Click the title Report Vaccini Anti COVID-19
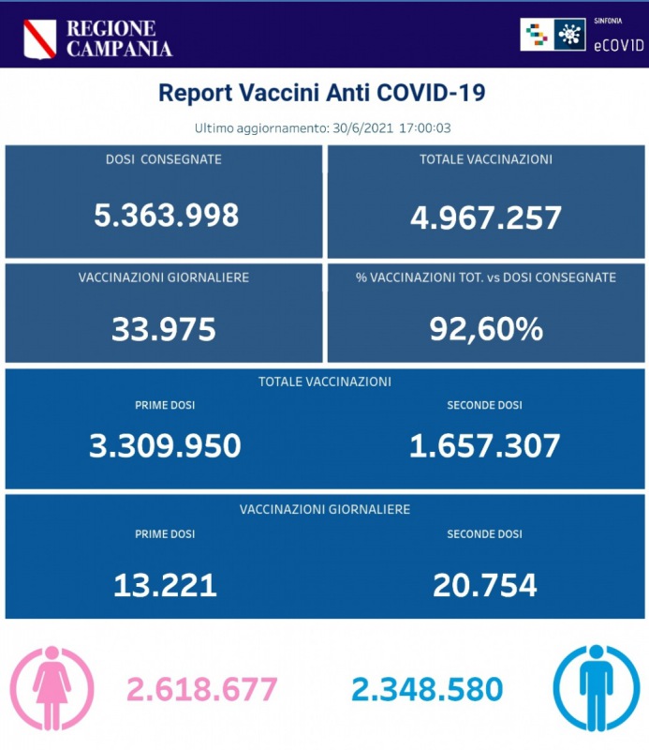tap(322, 93)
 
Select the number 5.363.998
tap(167, 216)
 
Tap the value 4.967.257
tap(486, 217)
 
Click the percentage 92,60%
tap(486, 329)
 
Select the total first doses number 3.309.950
tap(165, 445)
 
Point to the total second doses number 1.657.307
tap(485, 445)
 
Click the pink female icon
tap(52, 688)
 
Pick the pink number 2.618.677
tap(203, 690)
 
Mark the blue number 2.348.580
tap(427, 690)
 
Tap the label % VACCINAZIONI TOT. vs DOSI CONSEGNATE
tap(486, 277)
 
